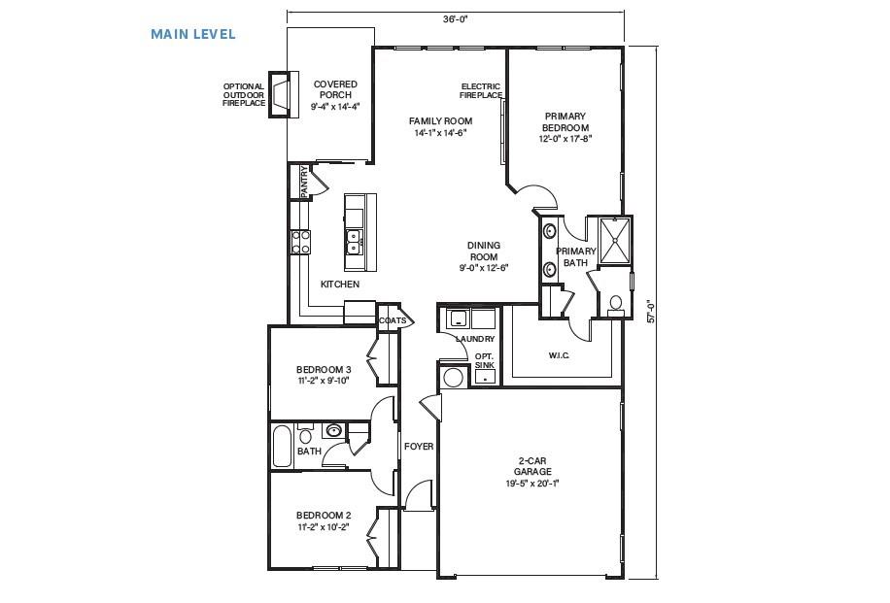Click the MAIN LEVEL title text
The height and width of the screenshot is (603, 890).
(192, 34)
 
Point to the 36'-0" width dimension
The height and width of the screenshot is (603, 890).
(455, 18)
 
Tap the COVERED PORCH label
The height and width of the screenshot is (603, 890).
(334, 94)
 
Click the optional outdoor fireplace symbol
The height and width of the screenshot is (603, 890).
(280, 94)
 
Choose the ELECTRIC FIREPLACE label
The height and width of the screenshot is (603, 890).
(481, 91)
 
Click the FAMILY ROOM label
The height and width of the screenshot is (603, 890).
(440, 126)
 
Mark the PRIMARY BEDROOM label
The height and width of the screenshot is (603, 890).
(565, 127)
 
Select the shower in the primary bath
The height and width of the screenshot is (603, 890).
(613, 241)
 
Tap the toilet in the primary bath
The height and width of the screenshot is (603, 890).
(614, 303)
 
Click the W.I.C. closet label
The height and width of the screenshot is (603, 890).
(559, 354)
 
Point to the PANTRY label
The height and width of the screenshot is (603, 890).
(304, 182)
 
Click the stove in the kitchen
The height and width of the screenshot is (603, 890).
(300, 241)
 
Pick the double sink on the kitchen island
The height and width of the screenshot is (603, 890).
(355, 240)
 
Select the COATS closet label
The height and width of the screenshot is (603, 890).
(393, 319)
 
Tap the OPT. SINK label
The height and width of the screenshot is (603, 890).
(484, 360)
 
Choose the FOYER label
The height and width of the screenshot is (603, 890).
(419, 447)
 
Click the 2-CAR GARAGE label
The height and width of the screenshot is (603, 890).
(532, 472)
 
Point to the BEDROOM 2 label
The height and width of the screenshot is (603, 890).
(324, 520)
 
